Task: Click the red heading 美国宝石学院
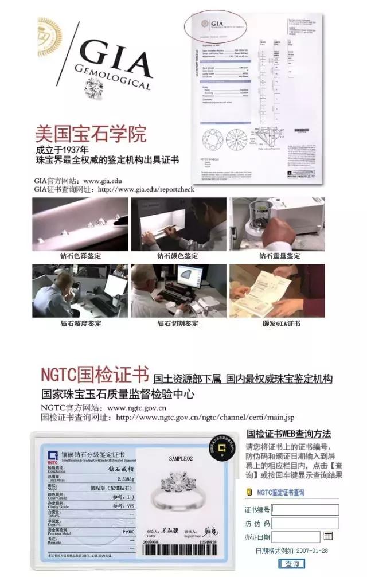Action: coord(91,134)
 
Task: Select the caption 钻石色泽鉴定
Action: coord(81,256)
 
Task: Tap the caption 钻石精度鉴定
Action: coord(81,323)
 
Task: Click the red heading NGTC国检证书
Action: coord(95,373)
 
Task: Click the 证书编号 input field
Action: coord(304,509)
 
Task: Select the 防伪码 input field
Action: coord(304,523)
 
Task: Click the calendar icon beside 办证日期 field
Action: coord(329,536)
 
